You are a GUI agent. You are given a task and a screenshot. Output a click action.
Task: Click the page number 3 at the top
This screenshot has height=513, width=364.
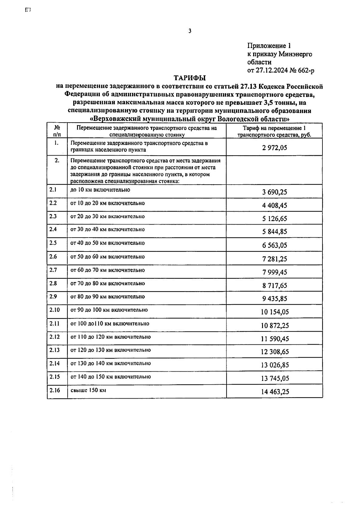pos(190,31)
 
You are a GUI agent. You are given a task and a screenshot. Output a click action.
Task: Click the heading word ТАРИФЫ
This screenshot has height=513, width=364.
pos(190,77)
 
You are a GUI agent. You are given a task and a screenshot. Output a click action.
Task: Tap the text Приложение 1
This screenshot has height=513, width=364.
pos(269,46)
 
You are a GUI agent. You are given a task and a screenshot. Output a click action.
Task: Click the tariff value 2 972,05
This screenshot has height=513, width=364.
pos(275,148)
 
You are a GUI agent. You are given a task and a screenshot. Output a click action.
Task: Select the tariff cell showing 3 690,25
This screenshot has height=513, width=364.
pos(275,192)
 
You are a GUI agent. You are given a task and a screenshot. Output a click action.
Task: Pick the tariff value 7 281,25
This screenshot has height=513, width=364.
pos(275,259)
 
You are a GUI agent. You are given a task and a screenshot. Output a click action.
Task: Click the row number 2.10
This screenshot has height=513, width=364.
pos(55,310)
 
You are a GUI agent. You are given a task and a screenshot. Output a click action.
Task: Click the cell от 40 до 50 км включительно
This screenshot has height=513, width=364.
pos(107,243)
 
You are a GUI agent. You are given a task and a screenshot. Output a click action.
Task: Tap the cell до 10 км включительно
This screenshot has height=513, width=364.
pos(100,190)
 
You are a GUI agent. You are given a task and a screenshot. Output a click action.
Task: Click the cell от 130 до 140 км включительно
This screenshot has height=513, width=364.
pos(110,363)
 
